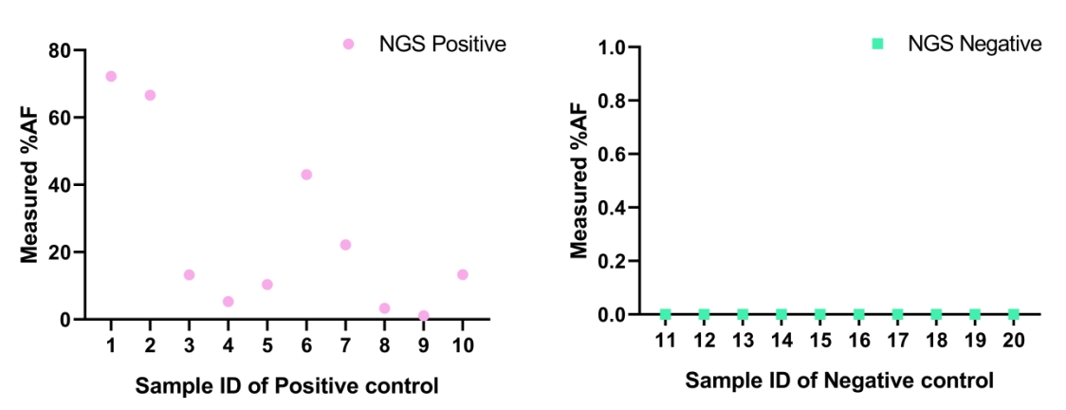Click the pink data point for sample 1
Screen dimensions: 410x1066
click(x=111, y=76)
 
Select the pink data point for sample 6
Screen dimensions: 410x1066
click(x=306, y=175)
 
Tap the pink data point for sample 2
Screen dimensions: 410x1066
click(x=150, y=95)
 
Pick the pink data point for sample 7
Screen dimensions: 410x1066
click(x=345, y=245)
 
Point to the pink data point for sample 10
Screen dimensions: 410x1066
click(x=462, y=274)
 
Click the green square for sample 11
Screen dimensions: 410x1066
click(x=666, y=314)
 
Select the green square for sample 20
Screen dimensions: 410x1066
click(x=1013, y=314)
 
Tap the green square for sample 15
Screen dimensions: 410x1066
click(x=819, y=314)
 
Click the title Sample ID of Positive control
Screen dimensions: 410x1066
click(x=287, y=386)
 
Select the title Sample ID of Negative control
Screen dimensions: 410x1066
click(x=839, y=381)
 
